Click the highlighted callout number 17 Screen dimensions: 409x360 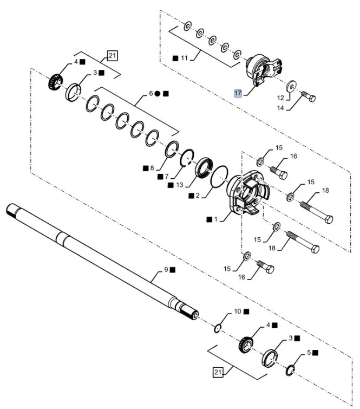point(238,93)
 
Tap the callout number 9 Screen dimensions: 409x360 point(167,269)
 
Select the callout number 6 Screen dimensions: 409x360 point(150,94)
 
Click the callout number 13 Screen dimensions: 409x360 point(180,185)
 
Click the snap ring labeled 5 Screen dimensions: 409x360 point(290,369)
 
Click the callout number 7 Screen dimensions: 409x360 point(167,177)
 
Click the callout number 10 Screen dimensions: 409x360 point(237,312)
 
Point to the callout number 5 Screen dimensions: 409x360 point(309,352)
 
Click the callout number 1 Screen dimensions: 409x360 point(216,219)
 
